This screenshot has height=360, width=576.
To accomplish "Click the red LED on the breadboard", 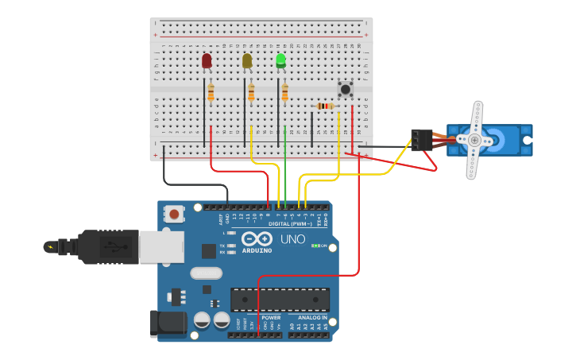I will point(207,60).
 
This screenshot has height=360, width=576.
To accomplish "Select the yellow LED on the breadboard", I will point(247,60).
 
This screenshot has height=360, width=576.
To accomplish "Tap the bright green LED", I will point(280,60).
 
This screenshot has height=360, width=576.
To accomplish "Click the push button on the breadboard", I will point(345,88).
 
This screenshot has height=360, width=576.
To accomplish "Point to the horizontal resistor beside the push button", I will point(325,106).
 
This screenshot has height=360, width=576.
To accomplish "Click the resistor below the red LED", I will point(211,94).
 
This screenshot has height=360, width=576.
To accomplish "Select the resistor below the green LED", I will point(284,94).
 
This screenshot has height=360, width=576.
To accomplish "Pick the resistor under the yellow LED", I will point(251,94).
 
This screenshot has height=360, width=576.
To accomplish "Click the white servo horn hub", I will point(475,141).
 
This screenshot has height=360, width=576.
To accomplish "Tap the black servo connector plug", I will point(421,140).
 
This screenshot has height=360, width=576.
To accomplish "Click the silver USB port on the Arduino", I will point(161,246).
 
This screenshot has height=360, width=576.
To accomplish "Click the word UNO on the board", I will point(292,238).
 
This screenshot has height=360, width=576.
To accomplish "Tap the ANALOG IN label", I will point(308,317).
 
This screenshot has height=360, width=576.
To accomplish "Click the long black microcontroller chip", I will point(280,300).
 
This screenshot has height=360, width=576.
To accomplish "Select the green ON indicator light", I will point(316,246).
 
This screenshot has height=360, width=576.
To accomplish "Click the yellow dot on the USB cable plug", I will point(51,246).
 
